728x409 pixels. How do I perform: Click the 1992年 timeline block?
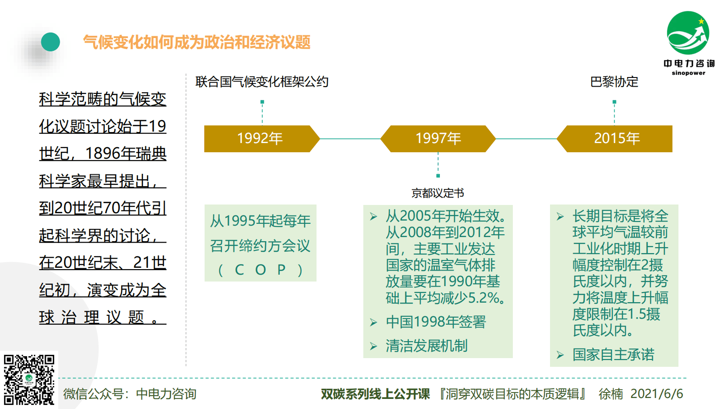tap(260, 138)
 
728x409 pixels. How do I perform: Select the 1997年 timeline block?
tap(438, 138)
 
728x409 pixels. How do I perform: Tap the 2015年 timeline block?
tap(617, 138)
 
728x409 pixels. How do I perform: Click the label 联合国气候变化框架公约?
tap(262, 82)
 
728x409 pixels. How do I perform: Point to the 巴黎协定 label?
tap(614, 82)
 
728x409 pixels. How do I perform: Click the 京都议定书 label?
tap(438, 193)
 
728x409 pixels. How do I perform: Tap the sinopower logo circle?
tap(688, 33)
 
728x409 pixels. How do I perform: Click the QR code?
tap(29, 380)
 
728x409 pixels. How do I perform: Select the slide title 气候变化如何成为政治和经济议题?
tap(197, 42)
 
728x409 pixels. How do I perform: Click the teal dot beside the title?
tap(50, 42)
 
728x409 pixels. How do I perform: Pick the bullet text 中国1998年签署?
tap(436, 322)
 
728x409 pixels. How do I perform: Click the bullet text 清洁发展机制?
tap(427, 346)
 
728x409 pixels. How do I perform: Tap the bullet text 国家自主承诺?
tap(613, 354)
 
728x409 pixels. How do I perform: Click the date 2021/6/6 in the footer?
tap(656, 394)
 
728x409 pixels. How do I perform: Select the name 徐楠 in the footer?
tap(611, 394)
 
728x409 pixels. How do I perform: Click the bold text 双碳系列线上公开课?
tap(375, 394)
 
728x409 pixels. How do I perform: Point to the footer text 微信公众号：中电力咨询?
tap(130, 394)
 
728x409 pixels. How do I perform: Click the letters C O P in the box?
tap(260, 270)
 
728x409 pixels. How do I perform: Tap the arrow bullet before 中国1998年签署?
tap(373, 323)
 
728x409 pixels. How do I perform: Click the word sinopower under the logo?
tap(689, 73)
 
